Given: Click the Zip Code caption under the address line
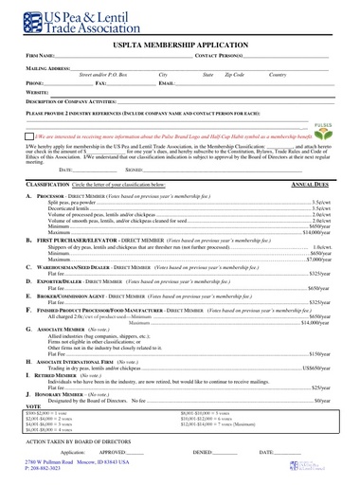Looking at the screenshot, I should coord(234,75).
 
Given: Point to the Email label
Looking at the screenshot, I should coord(167,82).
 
